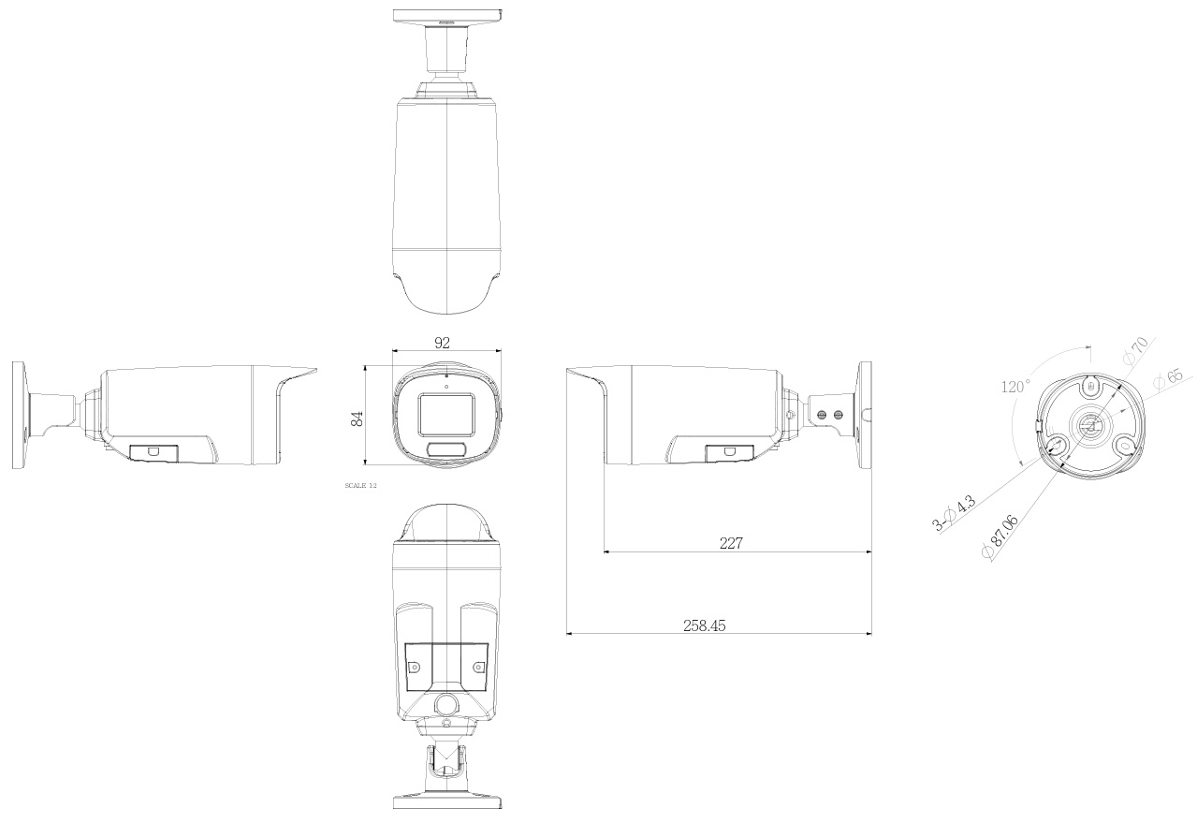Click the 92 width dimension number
pos(443,343)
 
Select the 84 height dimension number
pos(357,419)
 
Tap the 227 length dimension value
pos(731,542)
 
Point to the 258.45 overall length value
pos(705,625)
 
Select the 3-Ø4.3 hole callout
pos(955,514)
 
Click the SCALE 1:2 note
pos(361,487)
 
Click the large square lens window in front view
pos(445,414)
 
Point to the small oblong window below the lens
pos(446,451)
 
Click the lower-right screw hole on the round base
pos(1126,445)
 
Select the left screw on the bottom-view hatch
pos(414,668)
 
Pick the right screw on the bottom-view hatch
pos(478,668)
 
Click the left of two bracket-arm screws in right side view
pos(823,414)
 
